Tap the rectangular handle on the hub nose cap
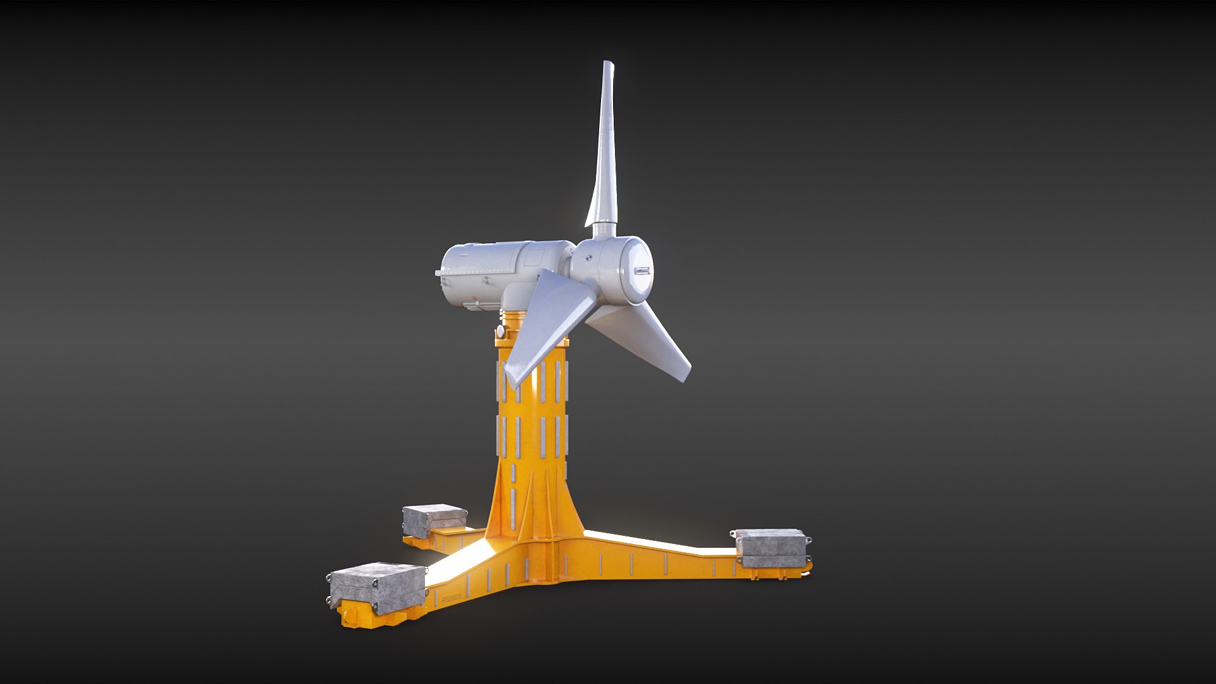click(642, 271)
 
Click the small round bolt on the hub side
click(588, 258)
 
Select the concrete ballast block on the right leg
click(771, 547)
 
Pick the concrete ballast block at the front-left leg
click(377, 588)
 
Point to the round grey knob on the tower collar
click(500, 331)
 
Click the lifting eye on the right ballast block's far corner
click(809, 540)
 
